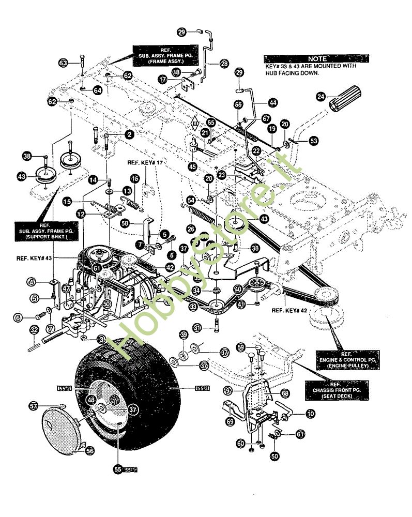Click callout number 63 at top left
pyautogui.click(x=64, y=63)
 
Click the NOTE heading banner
pyautogui.click(x=317, y=59)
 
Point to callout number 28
pyautogui.click(x=224, y=63)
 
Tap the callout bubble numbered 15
pyautogui.click(x=67, y=201)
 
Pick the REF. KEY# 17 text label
pyautogui.click(x=145, y=163)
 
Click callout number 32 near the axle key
pyautogui.click(x=34, y=329)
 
